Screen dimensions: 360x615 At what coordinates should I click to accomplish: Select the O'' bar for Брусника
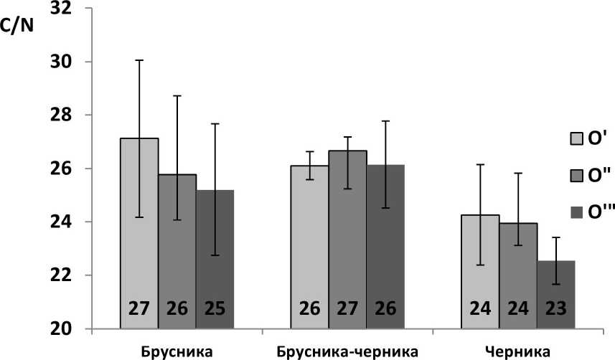point(177,251)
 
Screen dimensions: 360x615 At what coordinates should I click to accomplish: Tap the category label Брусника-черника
point(347,351)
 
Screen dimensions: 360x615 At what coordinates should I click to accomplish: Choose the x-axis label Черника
point(517,351)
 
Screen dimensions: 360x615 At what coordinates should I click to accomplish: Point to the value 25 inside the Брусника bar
point(215,310)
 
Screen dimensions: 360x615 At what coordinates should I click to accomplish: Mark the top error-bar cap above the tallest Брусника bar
point(140,60)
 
